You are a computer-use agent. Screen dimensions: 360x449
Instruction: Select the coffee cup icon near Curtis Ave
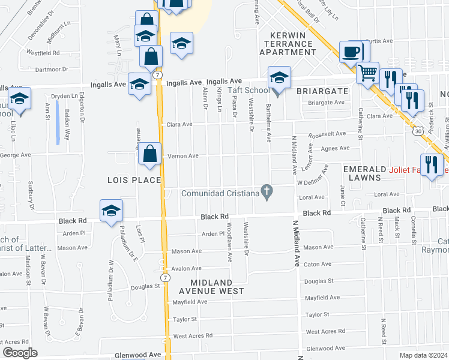[x=351, y=52]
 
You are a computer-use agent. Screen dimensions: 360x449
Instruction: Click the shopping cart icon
[x=367, y=73]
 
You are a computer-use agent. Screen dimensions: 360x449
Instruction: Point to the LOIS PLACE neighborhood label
[x=134, y=180]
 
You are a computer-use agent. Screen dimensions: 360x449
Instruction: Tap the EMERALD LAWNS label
[x=362, y=173]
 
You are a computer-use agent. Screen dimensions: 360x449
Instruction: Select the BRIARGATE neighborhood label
[x=322, y=91]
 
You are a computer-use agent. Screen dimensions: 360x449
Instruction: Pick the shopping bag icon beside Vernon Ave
[x=150, y=154]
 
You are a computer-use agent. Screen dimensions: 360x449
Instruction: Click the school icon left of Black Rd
[x=111, y=211]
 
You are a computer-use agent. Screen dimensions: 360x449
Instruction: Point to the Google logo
[x=20, y=353]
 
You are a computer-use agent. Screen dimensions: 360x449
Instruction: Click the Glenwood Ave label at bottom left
[x=138, y=355]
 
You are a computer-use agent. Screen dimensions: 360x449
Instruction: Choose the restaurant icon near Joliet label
[x=432, y=164]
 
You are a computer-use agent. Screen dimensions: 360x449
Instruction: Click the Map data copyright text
[x=423, y=355]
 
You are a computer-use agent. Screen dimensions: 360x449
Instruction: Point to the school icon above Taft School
[x=279, y=77]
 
